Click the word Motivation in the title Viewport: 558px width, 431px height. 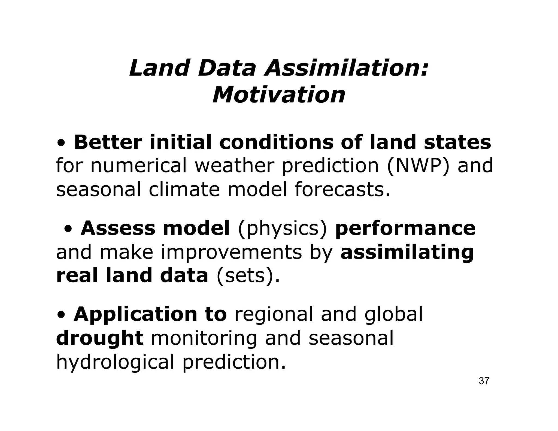[x=279, y=95]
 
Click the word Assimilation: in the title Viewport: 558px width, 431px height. [x=347, y=68]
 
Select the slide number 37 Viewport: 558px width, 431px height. [x=484, y=381]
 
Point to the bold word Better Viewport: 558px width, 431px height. [x=108, y=142]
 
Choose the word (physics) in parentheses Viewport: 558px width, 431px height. [x=282, y=229]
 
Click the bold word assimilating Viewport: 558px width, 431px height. [x=407, y=253]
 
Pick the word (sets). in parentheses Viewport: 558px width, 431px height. [x=248, y=276]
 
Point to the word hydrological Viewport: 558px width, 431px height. [x=115, y=362]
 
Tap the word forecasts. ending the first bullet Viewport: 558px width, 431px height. [x=342, y=189]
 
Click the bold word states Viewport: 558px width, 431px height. [x=457, y=142]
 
